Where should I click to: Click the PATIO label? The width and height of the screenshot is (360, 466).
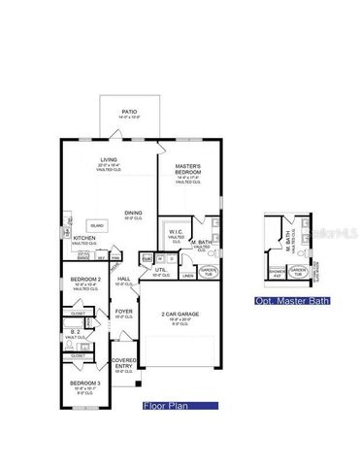pos(129,113)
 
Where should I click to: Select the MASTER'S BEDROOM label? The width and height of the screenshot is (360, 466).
pos(187,170)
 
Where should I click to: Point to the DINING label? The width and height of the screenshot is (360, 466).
pos(134,213)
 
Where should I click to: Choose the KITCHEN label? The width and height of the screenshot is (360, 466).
pos(84,238)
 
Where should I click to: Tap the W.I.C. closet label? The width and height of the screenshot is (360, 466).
pos(176,232)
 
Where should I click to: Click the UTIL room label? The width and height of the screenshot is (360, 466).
pos(161,270)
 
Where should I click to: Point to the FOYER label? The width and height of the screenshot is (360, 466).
pos(123,313)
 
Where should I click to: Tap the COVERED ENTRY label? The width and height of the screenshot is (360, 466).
pos(124,362)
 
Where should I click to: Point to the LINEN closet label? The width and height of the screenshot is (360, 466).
pos(187,276)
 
